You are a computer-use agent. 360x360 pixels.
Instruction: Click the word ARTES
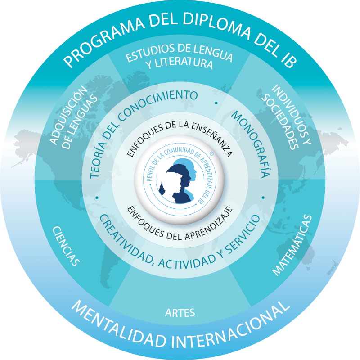[180, 313]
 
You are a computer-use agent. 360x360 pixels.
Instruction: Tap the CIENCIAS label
[66, 246]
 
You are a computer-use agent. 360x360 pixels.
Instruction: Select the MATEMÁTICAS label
[292, 245]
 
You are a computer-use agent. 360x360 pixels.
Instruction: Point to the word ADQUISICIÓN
[68, 115]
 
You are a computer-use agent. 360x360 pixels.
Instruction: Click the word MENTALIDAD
[119, 325]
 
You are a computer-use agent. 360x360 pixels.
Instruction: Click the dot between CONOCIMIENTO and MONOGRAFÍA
[216, 103]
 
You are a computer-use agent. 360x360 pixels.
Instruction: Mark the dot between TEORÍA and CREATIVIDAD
[97, 198]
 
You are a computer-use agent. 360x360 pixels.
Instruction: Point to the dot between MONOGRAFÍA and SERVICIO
[263, 198]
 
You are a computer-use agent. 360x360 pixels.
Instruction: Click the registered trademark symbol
[211, 154]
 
